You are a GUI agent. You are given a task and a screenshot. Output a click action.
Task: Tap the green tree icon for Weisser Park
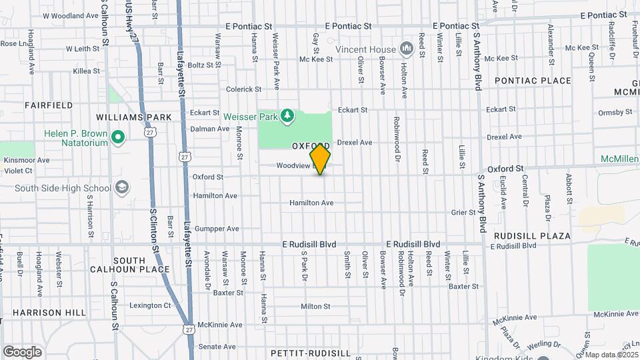pyautogui.click(x=287, y=117)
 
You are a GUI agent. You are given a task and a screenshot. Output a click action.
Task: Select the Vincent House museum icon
pyautogui.click(x=405, y=49)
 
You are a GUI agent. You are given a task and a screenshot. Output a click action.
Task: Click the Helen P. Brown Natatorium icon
pyautogui.click(x=118, y=138)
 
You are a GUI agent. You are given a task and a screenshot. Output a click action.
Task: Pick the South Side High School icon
pyautogui.click(x=122, y=187)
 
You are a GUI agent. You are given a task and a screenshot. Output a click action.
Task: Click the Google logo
pyautogui.click(x=22, y=351)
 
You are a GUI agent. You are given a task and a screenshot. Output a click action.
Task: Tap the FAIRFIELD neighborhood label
pyautogui.click(x=49, y=105)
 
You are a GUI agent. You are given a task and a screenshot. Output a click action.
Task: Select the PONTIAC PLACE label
pyautogui.click(x=533, y=81)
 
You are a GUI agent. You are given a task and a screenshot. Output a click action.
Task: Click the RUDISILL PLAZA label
pyautogui.click(x=532, y=236)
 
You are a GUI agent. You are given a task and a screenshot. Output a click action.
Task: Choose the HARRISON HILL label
pyautogui.click(x=49, y=312)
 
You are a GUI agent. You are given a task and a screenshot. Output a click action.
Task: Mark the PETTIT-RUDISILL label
pyautogui.click(x=311, y=352)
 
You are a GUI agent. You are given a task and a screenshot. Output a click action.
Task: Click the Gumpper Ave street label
pyautogui.click(x=215, y=229)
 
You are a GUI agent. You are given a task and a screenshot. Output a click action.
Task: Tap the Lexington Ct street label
pyautogui.click(x=150, y=305)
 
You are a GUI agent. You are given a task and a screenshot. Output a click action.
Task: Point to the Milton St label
pyautogui.click(x=315, y=307)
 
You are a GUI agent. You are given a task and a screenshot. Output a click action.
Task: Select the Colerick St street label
pyautogui.click(x=243, y=89)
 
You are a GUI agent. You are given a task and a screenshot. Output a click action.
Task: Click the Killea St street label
pyautogui.click(x=86, y=70)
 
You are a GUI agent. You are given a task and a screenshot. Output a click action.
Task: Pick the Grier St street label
pyautogui.click(x=463, y=213)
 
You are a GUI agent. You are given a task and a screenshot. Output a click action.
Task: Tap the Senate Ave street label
pyautogui.click(x=217, y=347)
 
